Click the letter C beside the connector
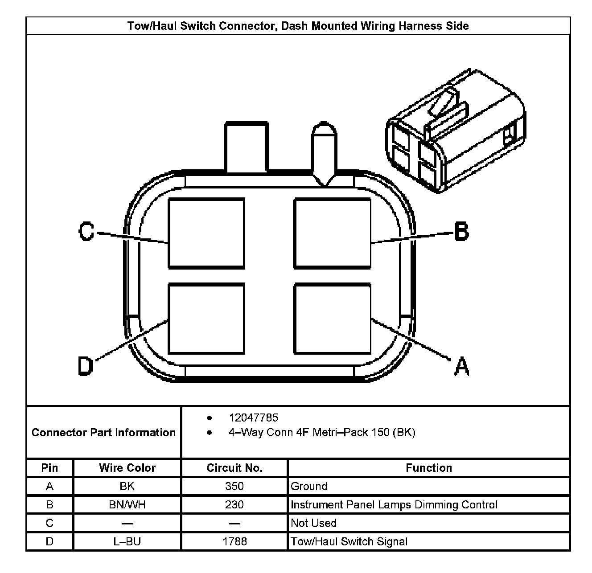coord(86,232)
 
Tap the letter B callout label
coord(461,232)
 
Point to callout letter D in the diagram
coord(85,366)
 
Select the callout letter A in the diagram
coord(461,366)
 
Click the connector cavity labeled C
coord(206,233)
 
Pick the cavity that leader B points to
coord(332,233)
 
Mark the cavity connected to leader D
coord(206,319)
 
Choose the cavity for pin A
coord(332,319)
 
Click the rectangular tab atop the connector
coord(247,147)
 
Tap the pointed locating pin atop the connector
coord(324,151)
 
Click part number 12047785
coord(253,417)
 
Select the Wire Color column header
coord(127,468)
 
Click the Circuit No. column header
coord(234,468)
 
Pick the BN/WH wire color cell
coord(127,505)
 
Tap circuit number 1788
coord(234,541)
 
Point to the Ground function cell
coord(309,486)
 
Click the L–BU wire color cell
coord(127,541)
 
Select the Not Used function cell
coord(313,523)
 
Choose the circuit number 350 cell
coord(234,486)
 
